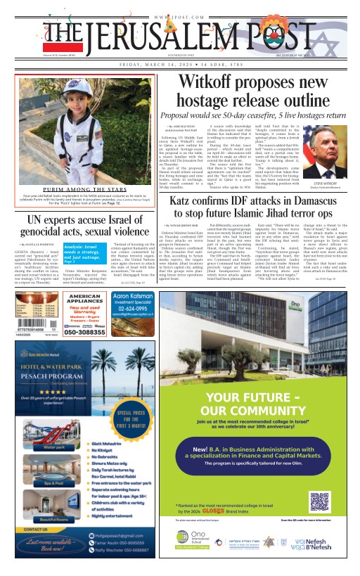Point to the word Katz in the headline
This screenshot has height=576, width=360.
tap(187, 204)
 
